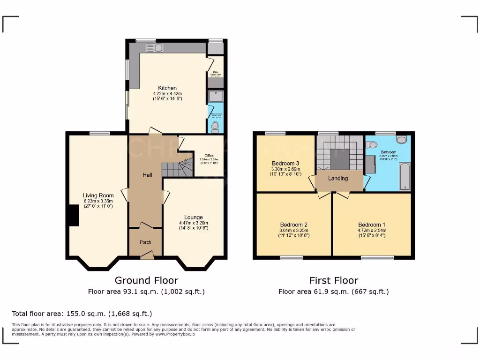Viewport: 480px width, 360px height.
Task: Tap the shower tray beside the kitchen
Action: click(x=216, y=96)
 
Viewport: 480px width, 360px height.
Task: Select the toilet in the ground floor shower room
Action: click(x=216, y=126)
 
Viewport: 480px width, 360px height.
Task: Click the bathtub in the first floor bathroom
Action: click(x=405, y=176)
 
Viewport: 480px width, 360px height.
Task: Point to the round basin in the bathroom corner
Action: click(x=401, y=139)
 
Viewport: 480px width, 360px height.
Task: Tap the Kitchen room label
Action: click(x=167, y=88)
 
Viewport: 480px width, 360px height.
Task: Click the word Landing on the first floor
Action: click(x=338, y=178)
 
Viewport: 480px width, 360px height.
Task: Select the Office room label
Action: click(x=209, y=156)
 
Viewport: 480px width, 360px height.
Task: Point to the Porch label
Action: click(x=145, y=242)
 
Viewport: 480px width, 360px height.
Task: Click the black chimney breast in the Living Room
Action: click(x=72, y=216)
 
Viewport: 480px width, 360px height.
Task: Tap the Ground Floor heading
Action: click(x=146, y=280)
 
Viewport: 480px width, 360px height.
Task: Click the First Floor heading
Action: click(x=333, y=280)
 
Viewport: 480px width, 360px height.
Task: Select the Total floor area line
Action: click(x=82, y=314)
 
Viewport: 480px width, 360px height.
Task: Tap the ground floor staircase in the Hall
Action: click(x=177, y=168)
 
